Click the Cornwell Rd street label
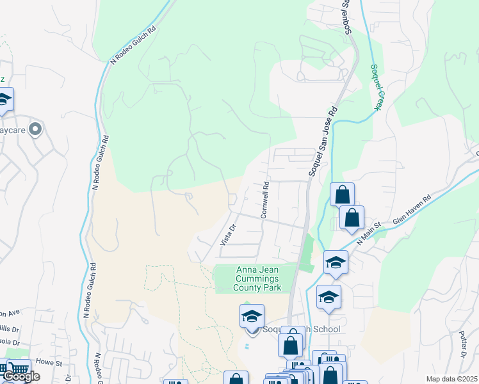(x=264, y=199)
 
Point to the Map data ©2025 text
(x=451, y=379)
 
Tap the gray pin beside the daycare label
(x=35, y=130)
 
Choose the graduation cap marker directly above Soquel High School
(x=252, y=316)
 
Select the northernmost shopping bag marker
(x=342, y=194)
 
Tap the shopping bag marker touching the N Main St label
(x=352, y=217)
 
